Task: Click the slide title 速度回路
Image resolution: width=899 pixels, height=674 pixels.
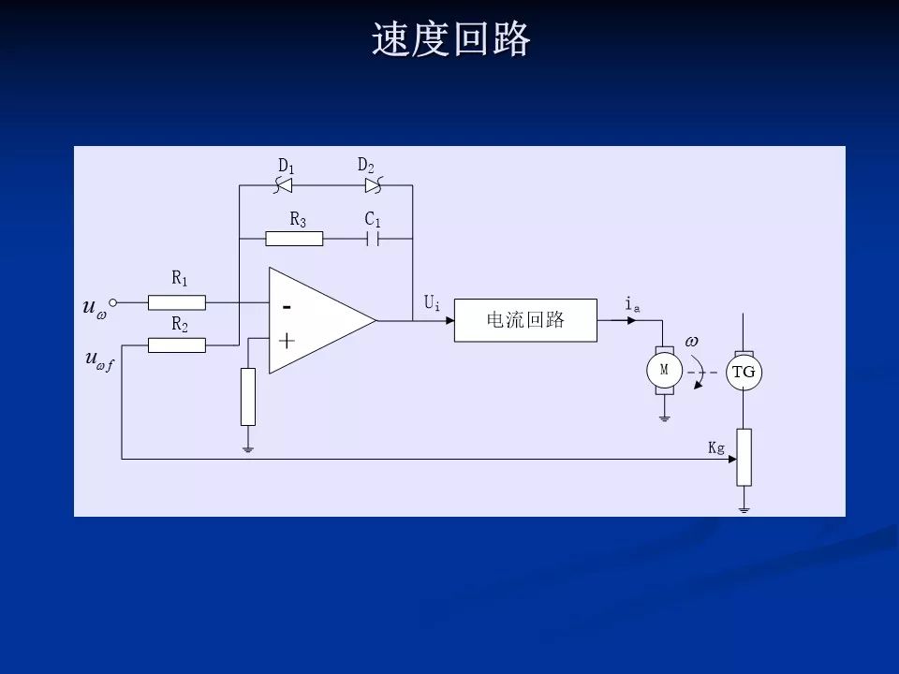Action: (450, 40)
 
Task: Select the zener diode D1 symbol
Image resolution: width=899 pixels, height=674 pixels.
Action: (284, 186)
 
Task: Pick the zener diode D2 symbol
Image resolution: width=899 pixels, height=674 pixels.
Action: (373, 186)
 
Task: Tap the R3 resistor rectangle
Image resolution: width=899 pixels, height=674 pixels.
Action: (294, 239)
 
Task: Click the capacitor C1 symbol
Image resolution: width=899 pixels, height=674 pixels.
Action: (372, 239)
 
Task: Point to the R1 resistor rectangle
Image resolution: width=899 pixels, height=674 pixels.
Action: (177, 302)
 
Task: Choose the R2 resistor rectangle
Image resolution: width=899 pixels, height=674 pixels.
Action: (177, 345)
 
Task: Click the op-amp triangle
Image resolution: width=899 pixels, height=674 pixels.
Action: (314, 320)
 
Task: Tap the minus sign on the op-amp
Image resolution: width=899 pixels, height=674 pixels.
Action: (287, 306)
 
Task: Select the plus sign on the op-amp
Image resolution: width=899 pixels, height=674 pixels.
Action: (287, 341)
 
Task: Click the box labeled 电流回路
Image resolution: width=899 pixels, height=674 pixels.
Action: (525, 320)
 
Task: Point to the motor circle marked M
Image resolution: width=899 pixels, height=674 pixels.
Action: (664, 370)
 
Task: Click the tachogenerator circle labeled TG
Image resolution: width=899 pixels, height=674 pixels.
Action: (744, 372)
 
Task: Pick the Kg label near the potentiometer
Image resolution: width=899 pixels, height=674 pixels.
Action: (716, 448)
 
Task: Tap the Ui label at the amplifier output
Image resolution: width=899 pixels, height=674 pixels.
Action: (432, 303)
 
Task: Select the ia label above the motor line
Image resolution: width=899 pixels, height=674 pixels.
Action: (632, 304)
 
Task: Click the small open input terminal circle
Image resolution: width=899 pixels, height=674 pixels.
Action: (113, 302)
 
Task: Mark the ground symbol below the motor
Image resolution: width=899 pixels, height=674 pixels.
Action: (664, 418)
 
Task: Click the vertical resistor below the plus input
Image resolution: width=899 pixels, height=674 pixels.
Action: (248, 397)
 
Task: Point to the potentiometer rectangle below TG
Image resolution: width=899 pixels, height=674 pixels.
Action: (744, 457)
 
